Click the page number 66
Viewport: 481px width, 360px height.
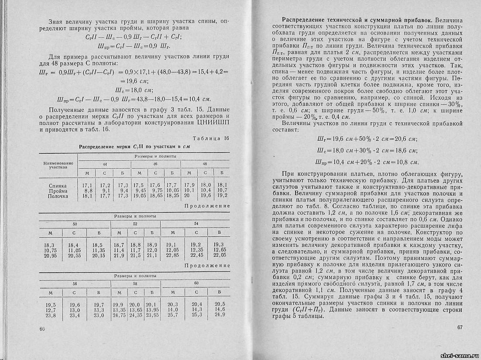(42, 329)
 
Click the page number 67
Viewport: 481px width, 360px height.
(459, 328)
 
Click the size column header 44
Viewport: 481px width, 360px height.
(105, 163)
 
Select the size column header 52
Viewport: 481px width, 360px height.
(135, 224)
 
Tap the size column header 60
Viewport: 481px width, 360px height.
(196, 284)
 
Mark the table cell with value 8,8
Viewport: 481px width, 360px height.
(88, 191)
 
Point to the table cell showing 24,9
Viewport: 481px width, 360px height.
(220, 315)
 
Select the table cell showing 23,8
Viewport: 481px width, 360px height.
(51, 315)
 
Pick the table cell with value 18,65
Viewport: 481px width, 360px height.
(156, 196)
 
